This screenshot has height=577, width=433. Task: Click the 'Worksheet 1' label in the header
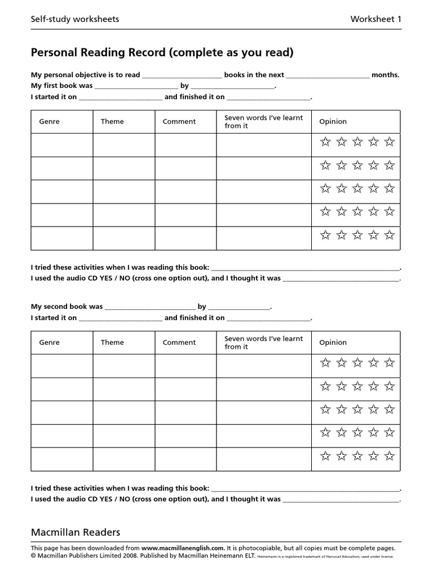point(376,19)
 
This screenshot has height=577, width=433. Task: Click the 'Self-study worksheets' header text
point(75,19)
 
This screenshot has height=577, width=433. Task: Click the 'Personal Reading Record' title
point(162,53)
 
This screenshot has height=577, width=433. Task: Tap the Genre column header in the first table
point(49,122)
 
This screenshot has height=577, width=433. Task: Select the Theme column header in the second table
point(112,343)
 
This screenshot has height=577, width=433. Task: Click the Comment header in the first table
point(179,122)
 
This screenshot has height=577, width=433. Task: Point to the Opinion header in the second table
point(333,343)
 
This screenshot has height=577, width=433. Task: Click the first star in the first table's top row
point(325,142)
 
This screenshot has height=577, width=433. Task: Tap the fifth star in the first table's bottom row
point(390,236)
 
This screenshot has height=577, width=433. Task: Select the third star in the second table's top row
point(357,363)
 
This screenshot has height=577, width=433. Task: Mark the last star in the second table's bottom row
point(390,456)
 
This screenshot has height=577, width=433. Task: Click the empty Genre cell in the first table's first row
point(62,145)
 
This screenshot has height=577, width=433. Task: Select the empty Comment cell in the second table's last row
point(185,459)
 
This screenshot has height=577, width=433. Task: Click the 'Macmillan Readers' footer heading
point(76,532)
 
